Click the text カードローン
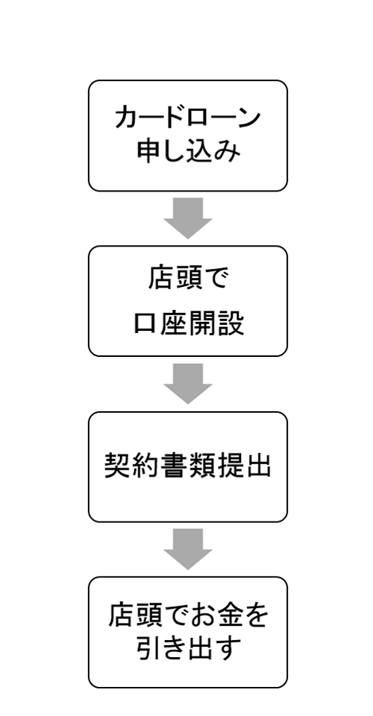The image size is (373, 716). tap(187, 118)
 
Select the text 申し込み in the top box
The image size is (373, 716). tap(188, 151)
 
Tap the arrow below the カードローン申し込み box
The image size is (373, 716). tap(188, 218)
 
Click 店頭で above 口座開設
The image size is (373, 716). tap(188, 278)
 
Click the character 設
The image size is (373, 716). tap(230, 324)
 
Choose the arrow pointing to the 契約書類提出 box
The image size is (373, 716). tap(188, 384)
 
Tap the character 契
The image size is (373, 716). tap(118, 466)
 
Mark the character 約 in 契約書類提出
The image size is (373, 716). tap(145, 466)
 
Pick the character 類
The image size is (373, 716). tap(201, 466)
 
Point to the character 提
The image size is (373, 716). tap(230, 466)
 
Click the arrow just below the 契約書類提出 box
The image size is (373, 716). tap(188, 549)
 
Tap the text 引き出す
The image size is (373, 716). tap(188, 648)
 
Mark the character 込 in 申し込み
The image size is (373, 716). tap(201, 151)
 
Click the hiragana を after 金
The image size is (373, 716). tap(256, 615)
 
